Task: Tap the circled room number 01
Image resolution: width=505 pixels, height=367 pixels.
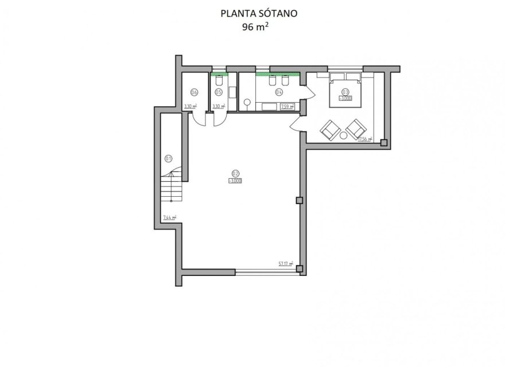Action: coord(169,158)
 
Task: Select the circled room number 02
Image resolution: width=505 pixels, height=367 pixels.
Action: coord(235,173)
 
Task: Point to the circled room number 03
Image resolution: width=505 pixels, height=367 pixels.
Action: coord(345,92)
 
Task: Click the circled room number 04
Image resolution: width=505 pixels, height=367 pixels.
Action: coord(279,92)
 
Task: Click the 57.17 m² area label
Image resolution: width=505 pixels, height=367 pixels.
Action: coord(286,264)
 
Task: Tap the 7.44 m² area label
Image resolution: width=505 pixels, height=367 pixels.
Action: coord(169,217)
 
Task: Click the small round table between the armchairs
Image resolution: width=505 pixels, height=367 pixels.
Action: coord(344,136)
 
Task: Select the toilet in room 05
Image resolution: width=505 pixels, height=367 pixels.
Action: coord(219,82)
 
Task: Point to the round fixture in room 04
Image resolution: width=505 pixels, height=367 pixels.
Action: coord(247,102)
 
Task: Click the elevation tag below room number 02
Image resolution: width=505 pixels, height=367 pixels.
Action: coord(235,181)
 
